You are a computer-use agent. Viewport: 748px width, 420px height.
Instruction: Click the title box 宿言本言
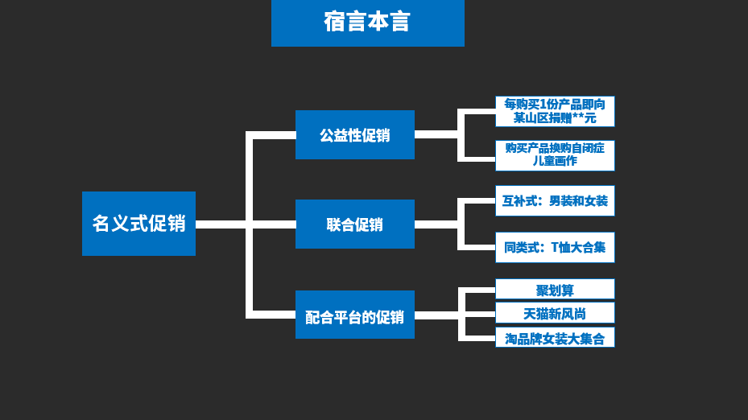coord(367,23)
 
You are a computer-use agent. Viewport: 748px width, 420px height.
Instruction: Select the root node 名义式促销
coord(138,224)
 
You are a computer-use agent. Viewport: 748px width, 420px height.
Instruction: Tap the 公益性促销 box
coord(354,135)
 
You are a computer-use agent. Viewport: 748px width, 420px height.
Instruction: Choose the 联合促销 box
coord(354,224)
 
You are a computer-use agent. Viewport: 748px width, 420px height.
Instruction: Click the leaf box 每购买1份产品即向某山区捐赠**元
coord(555,111)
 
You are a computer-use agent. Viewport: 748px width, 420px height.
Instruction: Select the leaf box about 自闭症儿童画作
coord(555,154)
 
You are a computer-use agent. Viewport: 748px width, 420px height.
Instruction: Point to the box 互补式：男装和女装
coord(555,200)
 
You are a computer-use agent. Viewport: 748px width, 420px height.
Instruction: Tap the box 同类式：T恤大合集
coord(555,247)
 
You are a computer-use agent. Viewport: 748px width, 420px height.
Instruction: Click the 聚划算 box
coord(555,290)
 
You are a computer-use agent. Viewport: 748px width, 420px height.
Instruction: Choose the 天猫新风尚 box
coord(555,313)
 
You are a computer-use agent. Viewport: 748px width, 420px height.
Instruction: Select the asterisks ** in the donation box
coord(578,118)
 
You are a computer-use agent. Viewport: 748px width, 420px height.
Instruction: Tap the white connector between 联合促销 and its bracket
coord(436,224)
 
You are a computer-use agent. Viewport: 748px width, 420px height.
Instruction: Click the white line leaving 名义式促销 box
coord(220,224)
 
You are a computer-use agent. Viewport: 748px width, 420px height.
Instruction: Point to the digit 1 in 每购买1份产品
coord(542,104)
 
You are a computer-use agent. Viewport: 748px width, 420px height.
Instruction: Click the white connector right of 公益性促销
coord(436,134)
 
